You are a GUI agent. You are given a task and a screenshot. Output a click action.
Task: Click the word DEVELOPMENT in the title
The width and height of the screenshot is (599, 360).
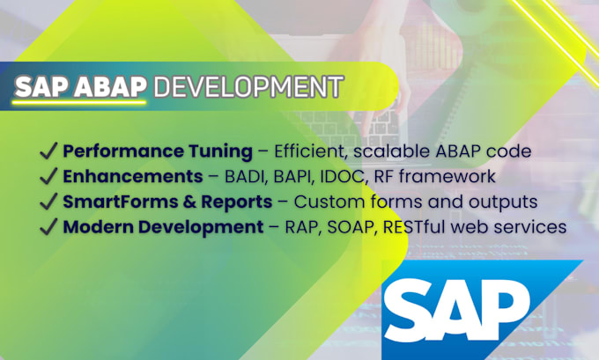pos(248,88)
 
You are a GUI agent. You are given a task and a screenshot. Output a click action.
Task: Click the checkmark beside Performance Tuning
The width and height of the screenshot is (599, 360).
pos(48,151)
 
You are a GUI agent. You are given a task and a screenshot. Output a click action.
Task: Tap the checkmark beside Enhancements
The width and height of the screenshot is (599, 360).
pos(48,176)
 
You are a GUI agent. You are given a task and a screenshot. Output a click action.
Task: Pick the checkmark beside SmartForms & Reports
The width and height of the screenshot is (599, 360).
pos(48,202)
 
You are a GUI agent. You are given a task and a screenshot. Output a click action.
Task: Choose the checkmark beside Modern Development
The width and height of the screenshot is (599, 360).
pos(48,227)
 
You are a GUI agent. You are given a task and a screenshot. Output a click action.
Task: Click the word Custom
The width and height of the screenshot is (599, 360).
pos(328,202)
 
